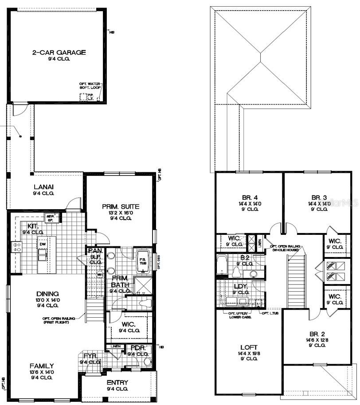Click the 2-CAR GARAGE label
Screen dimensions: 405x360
tap(59, 52)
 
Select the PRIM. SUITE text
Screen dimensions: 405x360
tap(121, 206)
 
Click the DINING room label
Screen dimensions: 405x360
tap(47, 293)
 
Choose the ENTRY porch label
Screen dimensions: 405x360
tap(117, 382)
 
